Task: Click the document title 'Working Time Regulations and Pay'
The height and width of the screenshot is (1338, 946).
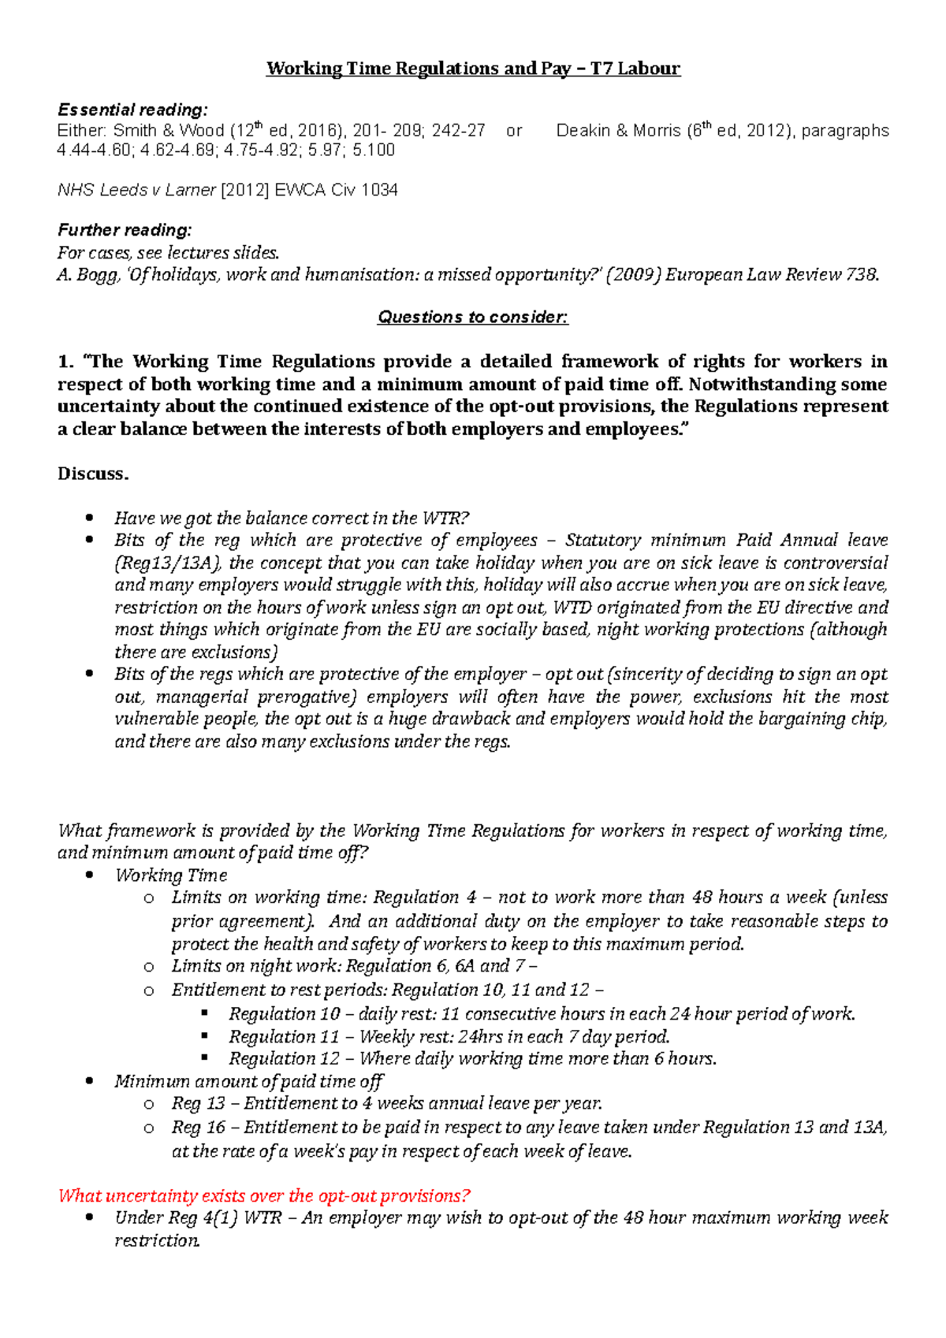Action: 418,69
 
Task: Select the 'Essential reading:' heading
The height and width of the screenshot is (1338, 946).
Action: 132,110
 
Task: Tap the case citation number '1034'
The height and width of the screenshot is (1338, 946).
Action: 379,190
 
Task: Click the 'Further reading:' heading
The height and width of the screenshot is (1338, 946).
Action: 125,230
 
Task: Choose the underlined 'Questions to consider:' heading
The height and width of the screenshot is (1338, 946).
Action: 472,318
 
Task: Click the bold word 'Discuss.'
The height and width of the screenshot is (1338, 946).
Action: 93,474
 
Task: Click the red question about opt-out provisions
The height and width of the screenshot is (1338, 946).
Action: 264,1195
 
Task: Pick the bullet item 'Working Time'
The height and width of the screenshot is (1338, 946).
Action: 171,875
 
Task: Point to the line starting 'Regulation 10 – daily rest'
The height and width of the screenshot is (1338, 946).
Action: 542,1014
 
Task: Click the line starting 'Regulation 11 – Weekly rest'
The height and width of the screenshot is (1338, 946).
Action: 449,1037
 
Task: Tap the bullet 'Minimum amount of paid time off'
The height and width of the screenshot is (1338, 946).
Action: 249,1082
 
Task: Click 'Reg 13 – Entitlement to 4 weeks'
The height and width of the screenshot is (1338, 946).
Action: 386,1104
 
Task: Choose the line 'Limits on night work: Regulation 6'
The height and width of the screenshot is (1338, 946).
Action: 355,967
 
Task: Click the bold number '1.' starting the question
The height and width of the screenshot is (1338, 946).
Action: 66,362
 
